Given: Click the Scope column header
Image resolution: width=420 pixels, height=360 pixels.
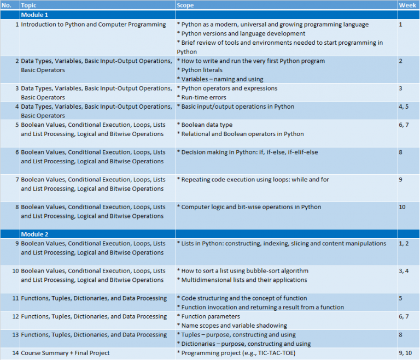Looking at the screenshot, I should pos(185,5).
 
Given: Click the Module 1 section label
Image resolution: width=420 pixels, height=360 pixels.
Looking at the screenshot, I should pos(35,15).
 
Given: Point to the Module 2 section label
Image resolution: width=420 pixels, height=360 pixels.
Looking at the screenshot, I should pos(35,234).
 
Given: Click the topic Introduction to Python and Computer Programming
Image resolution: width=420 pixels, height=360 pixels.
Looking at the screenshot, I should pos(93,25).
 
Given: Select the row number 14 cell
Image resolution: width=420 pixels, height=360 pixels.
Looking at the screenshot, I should pos(15,353).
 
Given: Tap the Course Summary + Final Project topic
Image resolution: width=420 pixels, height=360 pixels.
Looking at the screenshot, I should pos(65,353).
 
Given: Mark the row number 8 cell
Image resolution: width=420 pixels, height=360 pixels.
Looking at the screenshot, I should pos(17,207).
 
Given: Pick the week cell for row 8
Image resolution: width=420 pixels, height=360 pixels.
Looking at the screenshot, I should pos(402,207).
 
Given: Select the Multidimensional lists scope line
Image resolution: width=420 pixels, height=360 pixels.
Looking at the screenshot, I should pos(242,280).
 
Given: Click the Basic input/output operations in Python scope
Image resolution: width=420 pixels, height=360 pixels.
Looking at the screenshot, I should pos(237,107).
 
